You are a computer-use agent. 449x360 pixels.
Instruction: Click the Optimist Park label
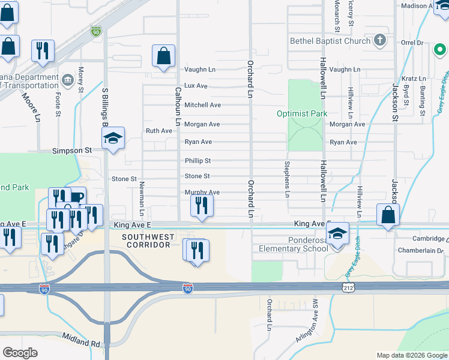point(302,113)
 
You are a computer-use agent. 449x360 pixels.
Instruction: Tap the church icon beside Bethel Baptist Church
point(379,41)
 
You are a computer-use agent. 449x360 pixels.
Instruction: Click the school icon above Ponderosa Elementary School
point(337,233)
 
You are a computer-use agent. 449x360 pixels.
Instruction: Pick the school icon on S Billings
point(112,139)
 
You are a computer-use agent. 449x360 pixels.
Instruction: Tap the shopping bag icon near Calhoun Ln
point(163,57)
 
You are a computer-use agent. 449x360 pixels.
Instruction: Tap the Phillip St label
point(197,161)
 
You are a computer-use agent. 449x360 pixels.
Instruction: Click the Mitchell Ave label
point(202,105)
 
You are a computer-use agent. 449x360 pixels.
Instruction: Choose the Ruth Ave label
point(159,131)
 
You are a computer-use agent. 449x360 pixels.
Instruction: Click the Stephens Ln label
point(287,179)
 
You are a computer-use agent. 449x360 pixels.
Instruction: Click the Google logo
point(20,353)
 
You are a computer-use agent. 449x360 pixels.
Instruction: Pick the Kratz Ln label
point(414,79)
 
